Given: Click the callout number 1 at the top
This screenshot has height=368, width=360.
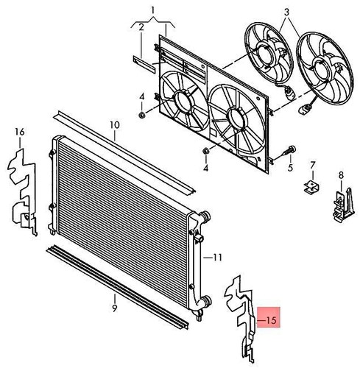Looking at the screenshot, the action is point(153,10).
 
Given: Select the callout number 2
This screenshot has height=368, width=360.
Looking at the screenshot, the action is point(141,27).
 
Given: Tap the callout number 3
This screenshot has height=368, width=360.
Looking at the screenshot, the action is point(287,12).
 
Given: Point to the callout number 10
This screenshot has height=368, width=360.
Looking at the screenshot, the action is point(115,125).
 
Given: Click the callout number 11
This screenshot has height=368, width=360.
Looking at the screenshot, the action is point(217,258).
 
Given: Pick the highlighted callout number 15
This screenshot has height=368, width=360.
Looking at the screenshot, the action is point(271,320).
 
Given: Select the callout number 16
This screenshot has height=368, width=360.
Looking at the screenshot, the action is point(20,132).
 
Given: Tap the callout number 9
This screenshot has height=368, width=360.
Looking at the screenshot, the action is point(115,309).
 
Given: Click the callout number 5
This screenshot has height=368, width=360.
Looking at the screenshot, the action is point(291,168).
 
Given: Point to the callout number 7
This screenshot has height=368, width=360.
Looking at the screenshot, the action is point(312,166).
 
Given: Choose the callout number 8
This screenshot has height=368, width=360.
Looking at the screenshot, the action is point(341,175).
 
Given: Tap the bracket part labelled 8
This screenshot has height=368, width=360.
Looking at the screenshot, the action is point(344,205).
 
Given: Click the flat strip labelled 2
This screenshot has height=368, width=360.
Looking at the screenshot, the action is point(144,64).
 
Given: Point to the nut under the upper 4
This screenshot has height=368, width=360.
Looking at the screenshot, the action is point(142,115).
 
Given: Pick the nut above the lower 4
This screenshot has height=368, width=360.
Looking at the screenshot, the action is point(205,151).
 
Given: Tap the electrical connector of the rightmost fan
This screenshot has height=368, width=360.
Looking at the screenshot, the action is point(303,109).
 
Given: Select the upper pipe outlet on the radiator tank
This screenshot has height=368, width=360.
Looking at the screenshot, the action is point(205,216).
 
